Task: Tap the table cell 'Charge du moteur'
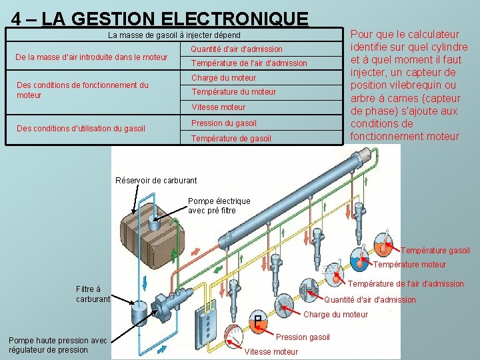[224, 78]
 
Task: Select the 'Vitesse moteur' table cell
[219, 107]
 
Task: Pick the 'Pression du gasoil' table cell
[224, 123]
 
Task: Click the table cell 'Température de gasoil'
[231, 139]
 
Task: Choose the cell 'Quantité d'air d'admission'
[237, 49]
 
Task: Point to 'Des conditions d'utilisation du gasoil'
[80, 128]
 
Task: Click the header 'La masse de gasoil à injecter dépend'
[174, 35]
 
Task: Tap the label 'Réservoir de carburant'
[156, 180]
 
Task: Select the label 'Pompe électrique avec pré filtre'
[219, 205]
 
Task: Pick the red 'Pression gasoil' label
[303, 337]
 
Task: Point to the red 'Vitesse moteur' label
[272, 351]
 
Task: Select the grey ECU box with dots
[211, 327]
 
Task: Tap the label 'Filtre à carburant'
[93, 294]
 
